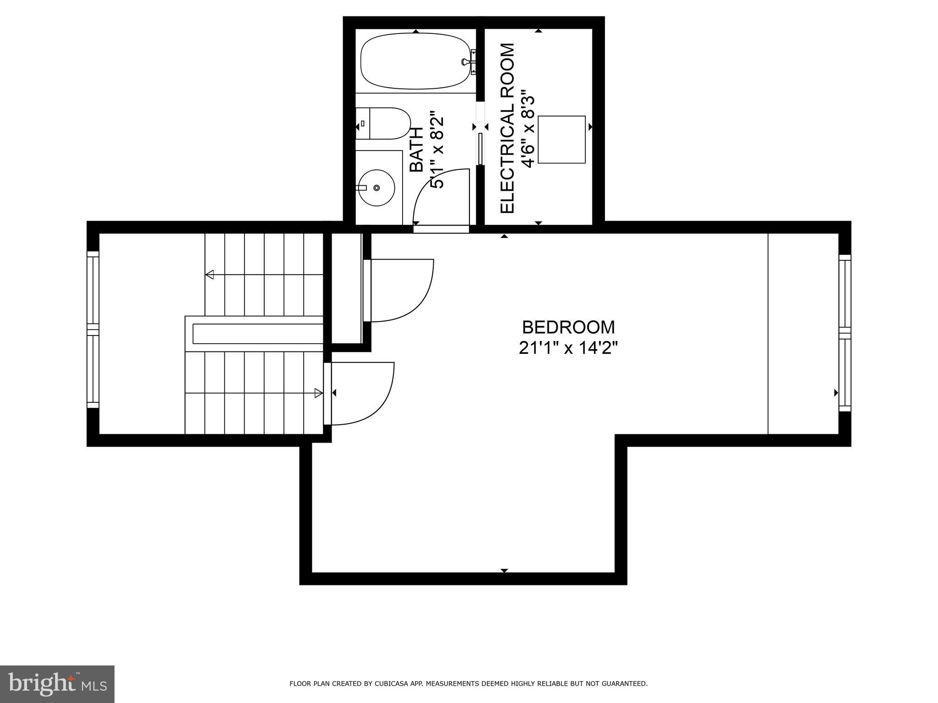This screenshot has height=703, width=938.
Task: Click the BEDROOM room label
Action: pyautogui.click(x=568, y=328)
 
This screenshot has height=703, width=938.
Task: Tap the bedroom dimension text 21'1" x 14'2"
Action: pyautogui.click(x=568, y=349)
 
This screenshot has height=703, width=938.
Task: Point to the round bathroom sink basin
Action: pyautogui.click(x=376, y=188)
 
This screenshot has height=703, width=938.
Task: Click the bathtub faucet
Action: pyautogui.click(x=468, y=61)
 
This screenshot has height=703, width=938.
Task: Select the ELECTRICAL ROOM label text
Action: pyautogui.click(x=507, y=128)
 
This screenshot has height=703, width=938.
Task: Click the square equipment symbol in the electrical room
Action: pyautogui.click(x=562, y=140)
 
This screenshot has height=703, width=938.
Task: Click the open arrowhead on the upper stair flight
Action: pyautogui.click(x=210, y=275)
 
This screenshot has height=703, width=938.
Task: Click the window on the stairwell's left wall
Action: pyautogui.click(x=93, y=330)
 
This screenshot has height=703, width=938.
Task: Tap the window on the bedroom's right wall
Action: pyautogui.click(x=845, y=333)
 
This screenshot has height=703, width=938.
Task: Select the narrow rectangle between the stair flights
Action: pyautogui.click(x=258, y=334)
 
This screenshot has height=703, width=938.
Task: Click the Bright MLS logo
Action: pyautogui.click(x=57, y=684)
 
